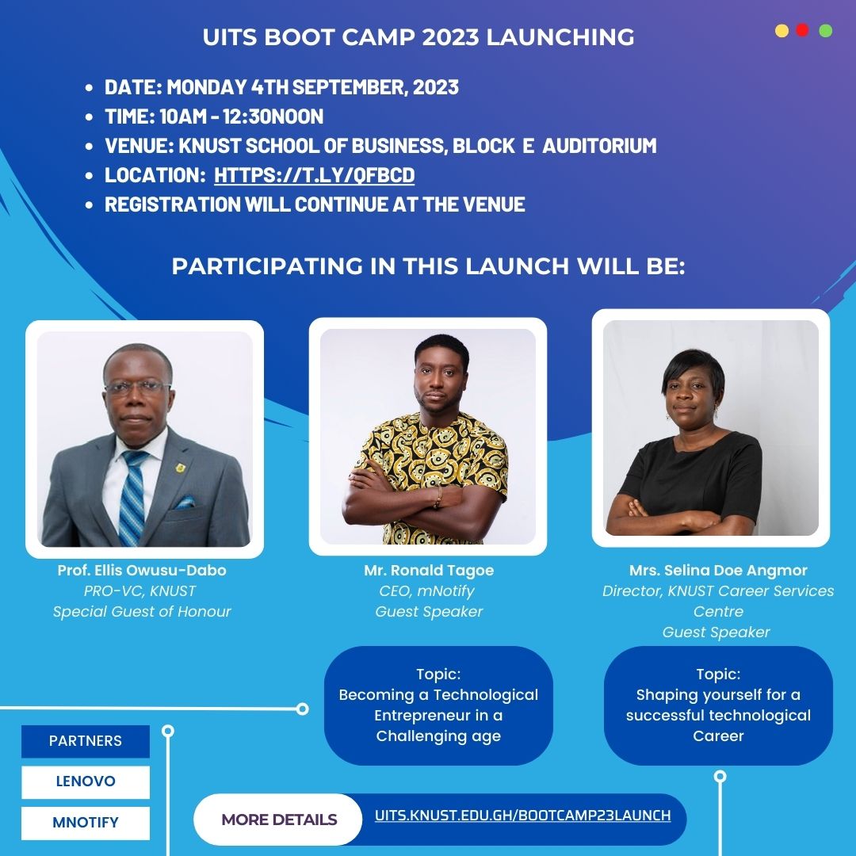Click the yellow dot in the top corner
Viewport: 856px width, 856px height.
(x=781, y=31)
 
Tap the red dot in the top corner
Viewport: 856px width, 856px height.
(x=802, y=30)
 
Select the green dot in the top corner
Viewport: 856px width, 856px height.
(x=825, y=31)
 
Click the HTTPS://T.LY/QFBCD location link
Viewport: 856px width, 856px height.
(x=314, y=175)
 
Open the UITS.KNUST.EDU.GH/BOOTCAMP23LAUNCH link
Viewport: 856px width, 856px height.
(x=522, y=816)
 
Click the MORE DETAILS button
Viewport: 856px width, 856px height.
(x=279, y=820)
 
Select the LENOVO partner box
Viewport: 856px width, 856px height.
(x=86, y=781)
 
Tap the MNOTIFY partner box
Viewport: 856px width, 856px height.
(x=86, y=823)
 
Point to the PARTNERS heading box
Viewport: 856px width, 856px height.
(x=86, y=741)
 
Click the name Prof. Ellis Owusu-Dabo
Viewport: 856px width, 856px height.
(x=142, y=571)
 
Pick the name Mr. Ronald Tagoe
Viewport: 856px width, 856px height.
(x=428, y=571)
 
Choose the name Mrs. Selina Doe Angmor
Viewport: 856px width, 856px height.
(x=718, y=571)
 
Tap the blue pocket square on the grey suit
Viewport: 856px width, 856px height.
(x=185, y=502)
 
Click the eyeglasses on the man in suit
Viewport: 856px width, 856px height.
(x=137, y=388)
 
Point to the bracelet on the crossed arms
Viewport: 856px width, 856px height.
(x=437, y=496)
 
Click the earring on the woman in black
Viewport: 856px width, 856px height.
(x=716, y=413)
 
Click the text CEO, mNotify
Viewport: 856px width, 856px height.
(x=428, y=591)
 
